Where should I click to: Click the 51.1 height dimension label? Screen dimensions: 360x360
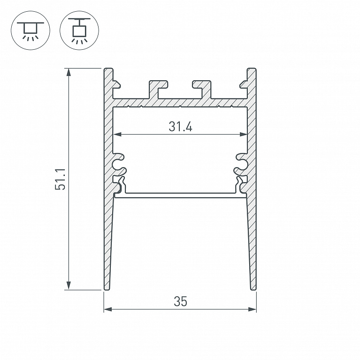pyautogui.click(x=60, y=179)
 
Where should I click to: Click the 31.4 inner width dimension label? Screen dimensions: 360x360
pyautogui.click(x=180, y=127)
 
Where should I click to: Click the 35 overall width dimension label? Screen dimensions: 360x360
pyautogui.click(x=180, y=301)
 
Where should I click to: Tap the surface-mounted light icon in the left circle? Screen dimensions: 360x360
pyautogui.click(x=31, y=31)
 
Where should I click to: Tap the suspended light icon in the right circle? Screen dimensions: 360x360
pyautogui.click(x=79, y=31)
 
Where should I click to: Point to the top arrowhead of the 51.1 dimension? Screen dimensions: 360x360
pyautogui.click(x=69, y=72)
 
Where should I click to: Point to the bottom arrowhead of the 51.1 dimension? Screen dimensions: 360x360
pyautogui.click(x=69, y=286)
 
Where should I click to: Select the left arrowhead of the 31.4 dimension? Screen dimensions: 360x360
pyautogui.click(x=117, y=134)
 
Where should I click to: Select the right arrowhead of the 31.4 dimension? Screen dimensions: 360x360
pyautogui.click(x=244, y=134)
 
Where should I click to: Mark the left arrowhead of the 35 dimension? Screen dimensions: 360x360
pyautogui.click(x=108, y=309)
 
